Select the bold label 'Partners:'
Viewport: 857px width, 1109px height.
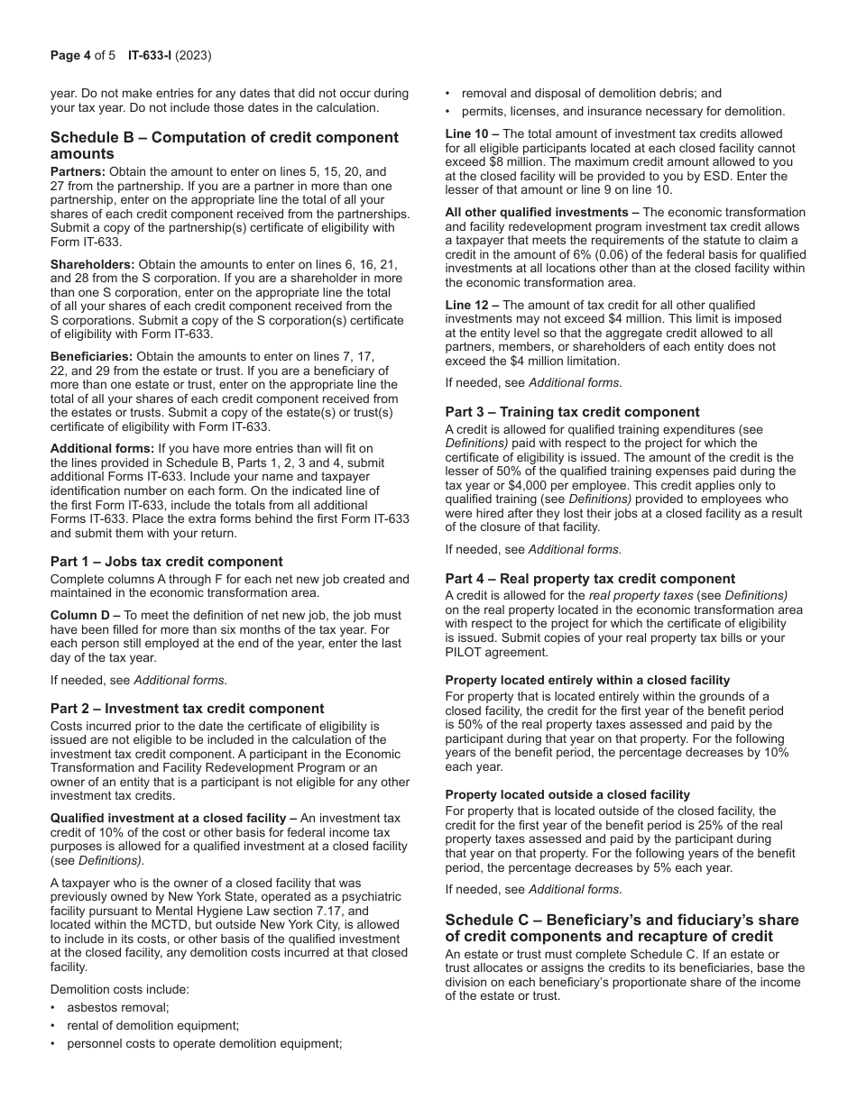pyautogui.click(x=78, y=171)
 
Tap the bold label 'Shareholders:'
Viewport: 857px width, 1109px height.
pyautogui.click(x=92, y=264)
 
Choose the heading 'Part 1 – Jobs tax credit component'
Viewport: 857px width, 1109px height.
pyautogui.click(x=166, y=561)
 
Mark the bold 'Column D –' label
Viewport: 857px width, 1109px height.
pyautogui.click(x=85, y=615)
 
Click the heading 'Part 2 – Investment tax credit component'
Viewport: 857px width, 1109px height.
pyautogui.click(x=187, y=708)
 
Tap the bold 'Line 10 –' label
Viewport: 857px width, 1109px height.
pyautogui.click(x=472, y=134)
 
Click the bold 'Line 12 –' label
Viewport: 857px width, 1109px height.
pyautogui.click(x=472, y=305)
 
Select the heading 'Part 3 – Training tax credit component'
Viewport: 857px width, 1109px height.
pyautogui.click(x=572, y=412)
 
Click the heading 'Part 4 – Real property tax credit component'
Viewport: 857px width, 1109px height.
pyautogui.click(x=590, y=579)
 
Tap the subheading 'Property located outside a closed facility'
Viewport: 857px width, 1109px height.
pyautogui.click(x=567, y=794)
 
